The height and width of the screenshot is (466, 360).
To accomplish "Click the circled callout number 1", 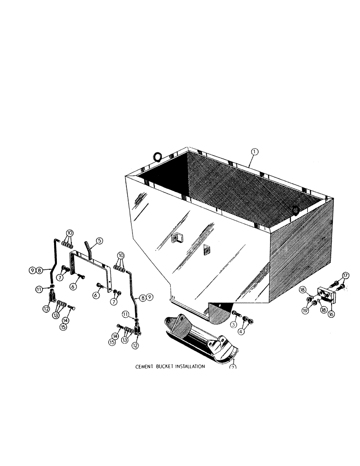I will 254,151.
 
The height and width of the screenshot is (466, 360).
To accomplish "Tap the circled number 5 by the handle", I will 99,241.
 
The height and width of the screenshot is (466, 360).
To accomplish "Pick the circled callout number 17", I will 345,274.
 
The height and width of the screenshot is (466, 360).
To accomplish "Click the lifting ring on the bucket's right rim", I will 295,211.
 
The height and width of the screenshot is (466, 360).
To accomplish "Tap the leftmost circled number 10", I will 69,233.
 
